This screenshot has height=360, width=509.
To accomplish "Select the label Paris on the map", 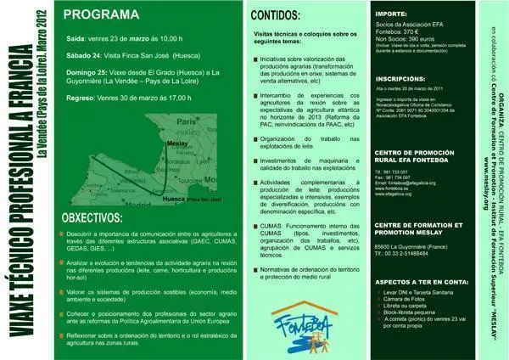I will pyautogui.click(x=186, y=123).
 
